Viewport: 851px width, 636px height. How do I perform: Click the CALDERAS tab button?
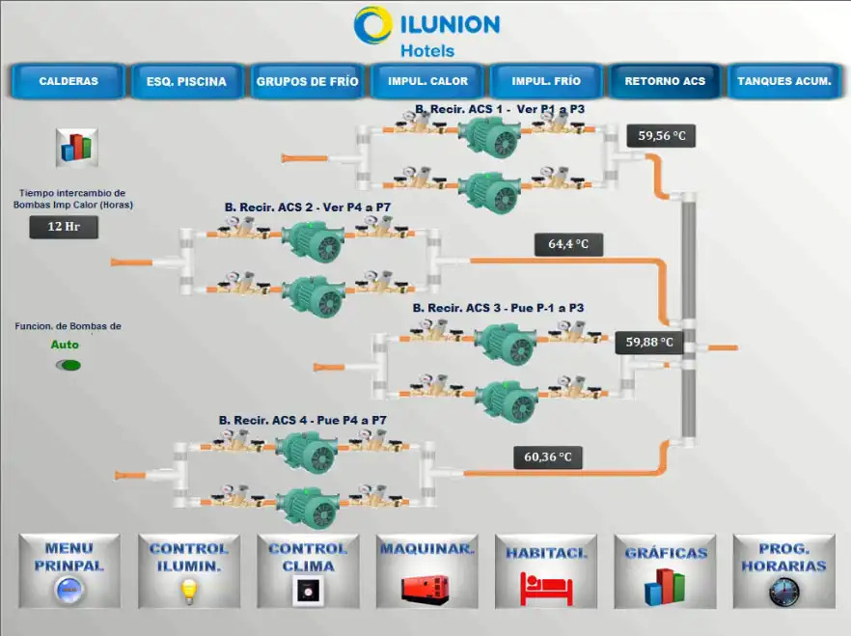point(69,81)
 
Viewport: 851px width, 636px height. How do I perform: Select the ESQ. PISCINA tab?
point(186,81)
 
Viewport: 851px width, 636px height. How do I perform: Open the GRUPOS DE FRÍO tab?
point(307,81)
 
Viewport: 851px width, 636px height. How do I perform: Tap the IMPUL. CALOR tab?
point(427,81)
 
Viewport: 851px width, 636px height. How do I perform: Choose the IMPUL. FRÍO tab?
point(546,81)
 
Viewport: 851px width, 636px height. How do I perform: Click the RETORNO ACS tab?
point(665,81)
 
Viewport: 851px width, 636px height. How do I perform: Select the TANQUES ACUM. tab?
point(783,81)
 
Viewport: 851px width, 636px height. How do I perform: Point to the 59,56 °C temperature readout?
point(661,136)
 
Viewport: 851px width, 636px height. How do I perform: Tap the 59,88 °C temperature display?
point(648,342)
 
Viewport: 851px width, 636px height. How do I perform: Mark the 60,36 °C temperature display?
point(548,456)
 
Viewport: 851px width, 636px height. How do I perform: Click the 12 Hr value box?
point(63,227)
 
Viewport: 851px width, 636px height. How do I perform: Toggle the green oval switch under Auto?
point(69,365)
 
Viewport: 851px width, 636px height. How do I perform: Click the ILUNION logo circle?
point(372,25)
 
